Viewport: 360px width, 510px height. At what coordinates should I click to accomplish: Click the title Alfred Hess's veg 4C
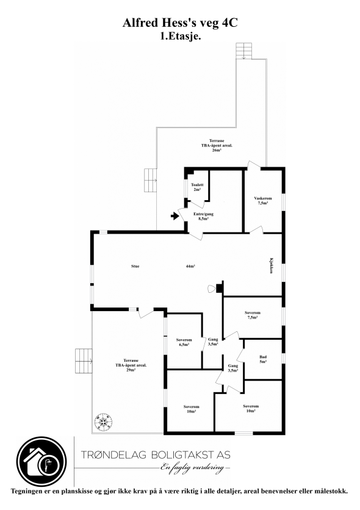point(180,24)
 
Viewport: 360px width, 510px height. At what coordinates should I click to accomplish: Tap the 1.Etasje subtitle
point(180,36)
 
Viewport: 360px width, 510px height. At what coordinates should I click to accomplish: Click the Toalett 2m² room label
point(196,187)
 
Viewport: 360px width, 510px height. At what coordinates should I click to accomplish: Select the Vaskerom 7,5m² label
point(262,200)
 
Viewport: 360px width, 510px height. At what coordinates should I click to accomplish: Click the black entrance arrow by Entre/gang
point(175,215)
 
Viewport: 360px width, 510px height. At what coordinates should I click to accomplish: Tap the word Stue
point(135,267)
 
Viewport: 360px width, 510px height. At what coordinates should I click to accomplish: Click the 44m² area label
point(190,267)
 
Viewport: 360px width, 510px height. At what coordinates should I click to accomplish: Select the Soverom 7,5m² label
point(253,315)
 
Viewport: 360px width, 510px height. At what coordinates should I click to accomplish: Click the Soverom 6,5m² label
point(184,342)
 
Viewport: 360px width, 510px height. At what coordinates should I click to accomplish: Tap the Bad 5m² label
point(262,359)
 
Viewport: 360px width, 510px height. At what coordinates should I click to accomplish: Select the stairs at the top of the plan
point(243,52)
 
